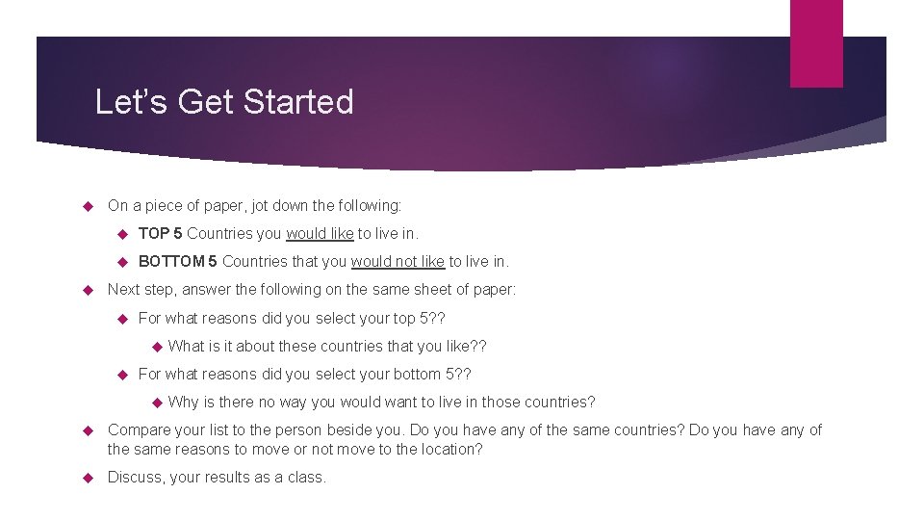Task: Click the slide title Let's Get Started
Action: click(x=224, y=102)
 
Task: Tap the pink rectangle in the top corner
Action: click(x=816, y=42)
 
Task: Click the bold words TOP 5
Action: click(x=160, y=233)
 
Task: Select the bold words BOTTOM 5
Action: click(x=178, y=261)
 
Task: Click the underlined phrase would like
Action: click(x=320, y=233)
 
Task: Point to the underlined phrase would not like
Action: click(x=398, y=261)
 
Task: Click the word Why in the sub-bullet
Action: click(x=183, y=402)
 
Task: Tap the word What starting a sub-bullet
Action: click(x=187, y=346)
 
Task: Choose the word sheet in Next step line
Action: click(x=435, y=289)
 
